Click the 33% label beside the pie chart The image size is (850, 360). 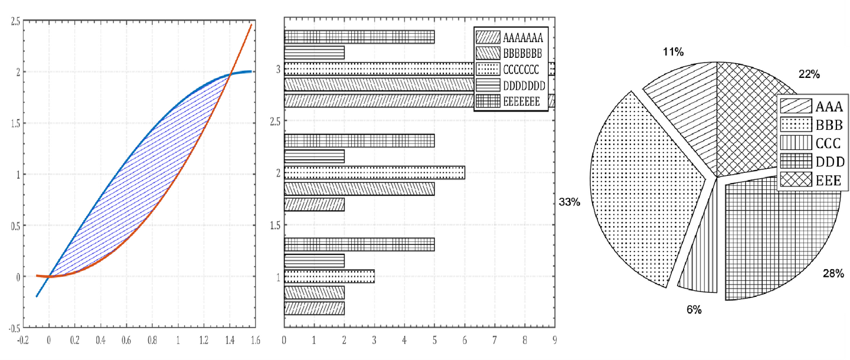coord(570,202)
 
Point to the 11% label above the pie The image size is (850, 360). coord(672,53)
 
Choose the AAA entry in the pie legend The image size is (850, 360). coord(814,107)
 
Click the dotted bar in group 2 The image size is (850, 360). coord(374,172)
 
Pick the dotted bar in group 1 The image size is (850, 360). coord(329,277)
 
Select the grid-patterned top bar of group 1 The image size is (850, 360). coord(359,244)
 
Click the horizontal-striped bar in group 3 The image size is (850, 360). coord(314,53)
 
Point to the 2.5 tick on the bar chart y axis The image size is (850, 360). coord(272,121)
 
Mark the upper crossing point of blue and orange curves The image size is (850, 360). coord(230,74)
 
